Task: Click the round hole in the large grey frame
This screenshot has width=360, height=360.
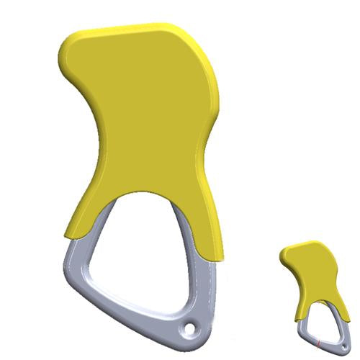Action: [190, 330]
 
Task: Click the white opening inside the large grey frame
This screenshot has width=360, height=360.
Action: [151, 252]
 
